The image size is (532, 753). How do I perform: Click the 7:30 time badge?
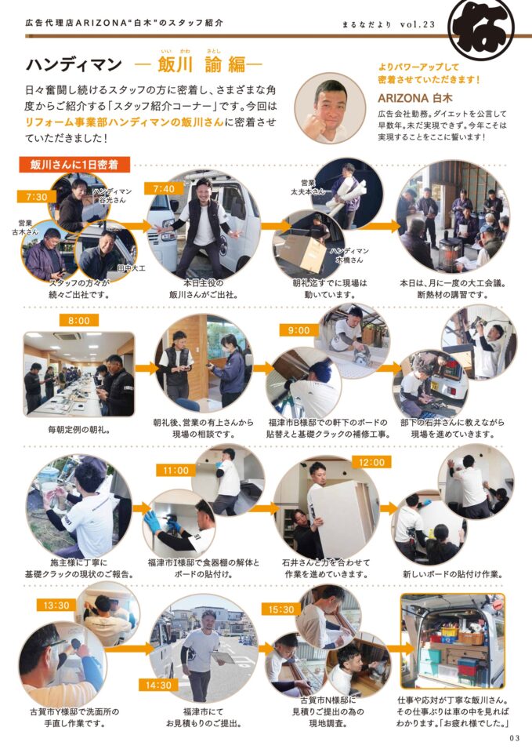[37, 196]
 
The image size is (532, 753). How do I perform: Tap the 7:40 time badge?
[164, 189]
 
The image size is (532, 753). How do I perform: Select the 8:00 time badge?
[78, 320]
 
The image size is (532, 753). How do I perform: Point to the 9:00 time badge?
[299, 330]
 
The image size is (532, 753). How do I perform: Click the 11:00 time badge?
[176, 471]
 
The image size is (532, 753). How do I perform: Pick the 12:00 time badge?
[372, 462]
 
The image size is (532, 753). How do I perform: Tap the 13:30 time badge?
[56, 605]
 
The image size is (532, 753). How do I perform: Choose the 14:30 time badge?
[158, 686]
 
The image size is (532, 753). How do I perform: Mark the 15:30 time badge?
[281, 609]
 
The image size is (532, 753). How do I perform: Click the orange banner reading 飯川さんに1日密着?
[74, 165]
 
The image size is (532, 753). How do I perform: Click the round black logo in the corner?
[481, 25]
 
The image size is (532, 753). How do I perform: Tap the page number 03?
[515, 738]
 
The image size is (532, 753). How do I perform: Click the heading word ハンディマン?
[74, 64]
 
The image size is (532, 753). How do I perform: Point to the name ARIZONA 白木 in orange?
[415, 98]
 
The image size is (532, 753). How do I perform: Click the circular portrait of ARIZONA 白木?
[330, 108]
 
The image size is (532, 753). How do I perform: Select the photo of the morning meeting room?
[79, 374]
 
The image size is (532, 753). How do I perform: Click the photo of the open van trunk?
[453, 641]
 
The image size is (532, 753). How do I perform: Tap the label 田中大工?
[131, 268]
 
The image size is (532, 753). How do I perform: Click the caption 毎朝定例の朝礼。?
[79, 430]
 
